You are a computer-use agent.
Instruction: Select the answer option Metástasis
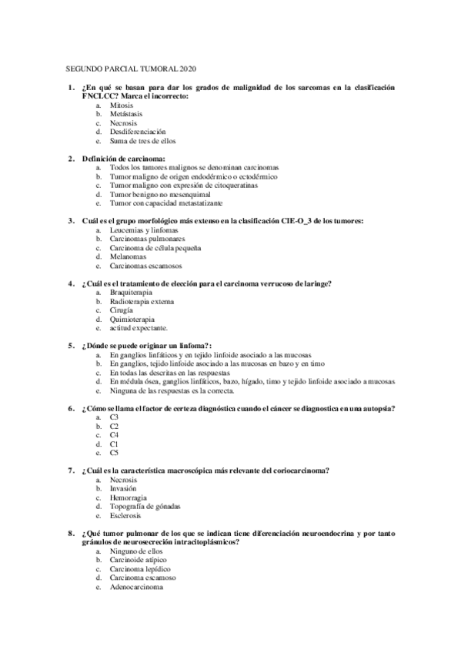(125, 113)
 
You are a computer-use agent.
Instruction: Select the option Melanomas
(127, 257)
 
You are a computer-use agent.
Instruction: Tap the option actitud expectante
(139, 328)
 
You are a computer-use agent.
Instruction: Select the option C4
(114, 435)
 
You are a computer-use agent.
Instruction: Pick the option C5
(114, 453)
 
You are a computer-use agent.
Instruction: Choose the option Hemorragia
(128, 497)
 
